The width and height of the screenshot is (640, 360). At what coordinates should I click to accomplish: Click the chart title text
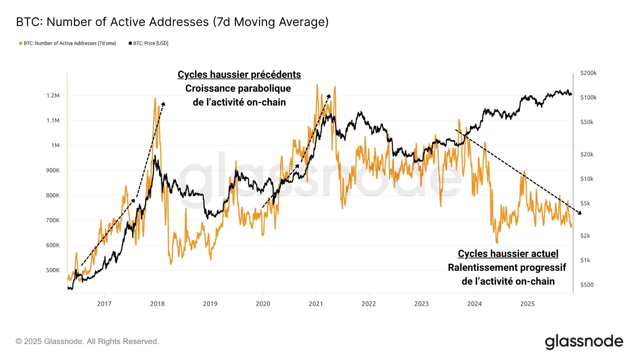[172, 22]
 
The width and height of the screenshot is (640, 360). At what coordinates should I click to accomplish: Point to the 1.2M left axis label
[53, 96]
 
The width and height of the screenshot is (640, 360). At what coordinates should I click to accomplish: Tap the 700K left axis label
[53, 220]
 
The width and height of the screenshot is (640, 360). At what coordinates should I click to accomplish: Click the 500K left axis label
[53, 270]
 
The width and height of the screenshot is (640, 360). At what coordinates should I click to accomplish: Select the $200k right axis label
[588, 73]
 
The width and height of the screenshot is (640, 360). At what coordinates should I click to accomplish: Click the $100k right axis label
[588, 97]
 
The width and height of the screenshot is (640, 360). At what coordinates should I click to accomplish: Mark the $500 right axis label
[587, 285]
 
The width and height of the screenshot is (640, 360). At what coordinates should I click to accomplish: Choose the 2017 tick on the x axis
[104, 304]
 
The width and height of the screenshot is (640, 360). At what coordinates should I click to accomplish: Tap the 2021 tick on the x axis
[316, 304]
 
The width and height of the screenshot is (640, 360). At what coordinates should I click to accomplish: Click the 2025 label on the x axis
[527, 304]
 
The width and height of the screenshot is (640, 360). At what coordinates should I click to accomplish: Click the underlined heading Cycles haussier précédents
[239, 75]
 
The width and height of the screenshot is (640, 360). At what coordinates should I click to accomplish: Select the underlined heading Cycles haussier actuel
[508, 254]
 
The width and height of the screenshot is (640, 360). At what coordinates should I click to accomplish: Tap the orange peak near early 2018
[155, 99]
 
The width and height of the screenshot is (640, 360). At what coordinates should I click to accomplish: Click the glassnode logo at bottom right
[584, 342]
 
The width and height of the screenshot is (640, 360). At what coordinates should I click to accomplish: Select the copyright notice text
[87, 342]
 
